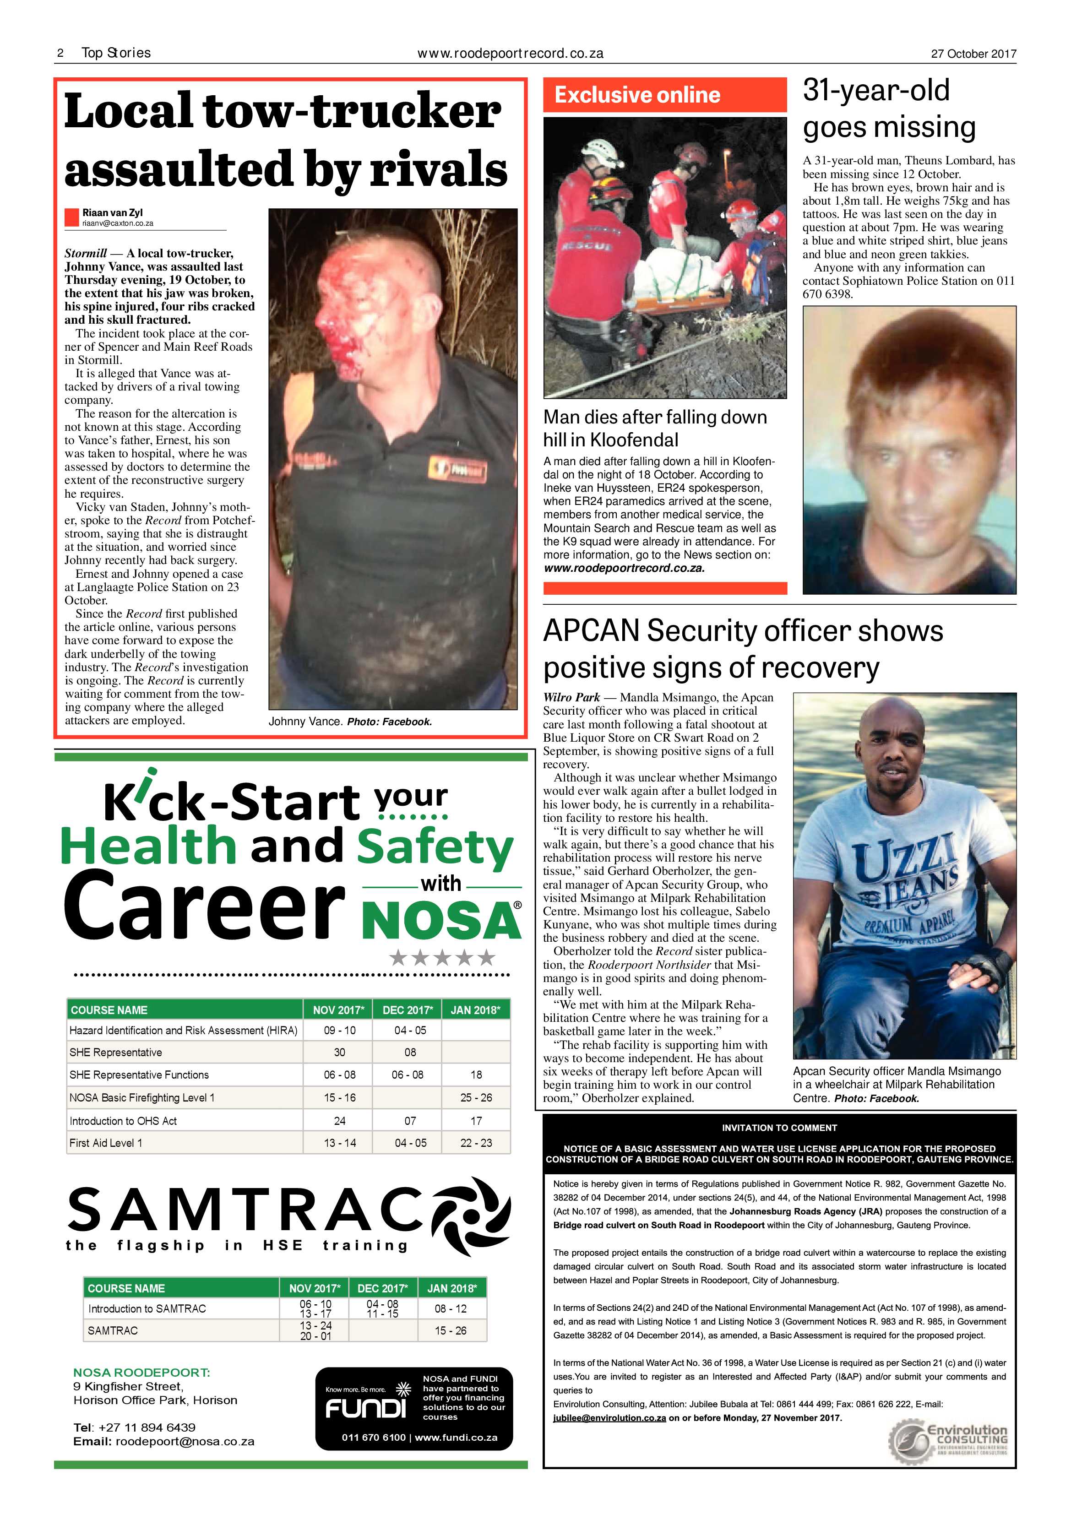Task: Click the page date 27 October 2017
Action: click(x=973, y=54)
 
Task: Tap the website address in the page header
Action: click(x=511, y=54)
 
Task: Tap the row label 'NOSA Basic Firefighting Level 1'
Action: click(x=142, y=1097)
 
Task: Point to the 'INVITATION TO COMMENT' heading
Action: click(x=779, y=1128)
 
